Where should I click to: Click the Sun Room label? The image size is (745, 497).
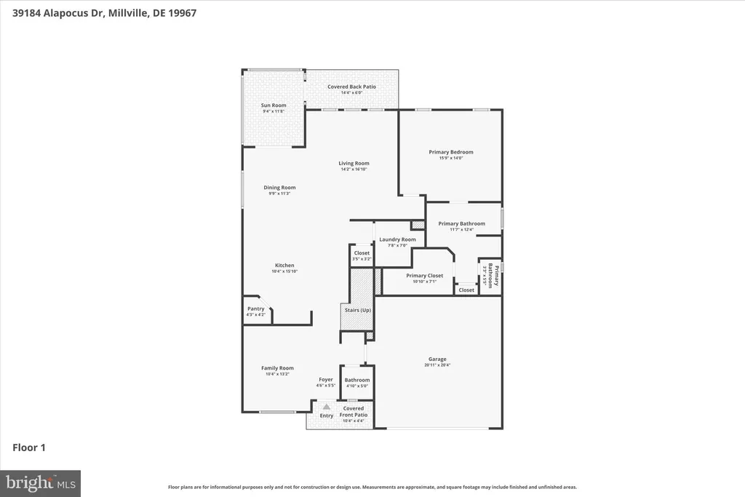274,106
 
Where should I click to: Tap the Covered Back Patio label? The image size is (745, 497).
351,87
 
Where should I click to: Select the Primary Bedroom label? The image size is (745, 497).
450,152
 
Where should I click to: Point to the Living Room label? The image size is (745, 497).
354,163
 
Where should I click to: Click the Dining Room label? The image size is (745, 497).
279,188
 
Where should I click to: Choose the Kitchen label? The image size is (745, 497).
284,266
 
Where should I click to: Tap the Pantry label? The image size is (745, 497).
256,309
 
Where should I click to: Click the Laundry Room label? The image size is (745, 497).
397,239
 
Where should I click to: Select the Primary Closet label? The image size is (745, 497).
424,276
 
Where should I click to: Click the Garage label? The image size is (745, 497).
437,359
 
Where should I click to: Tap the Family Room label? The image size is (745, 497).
277,368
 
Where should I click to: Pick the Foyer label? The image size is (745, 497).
326,379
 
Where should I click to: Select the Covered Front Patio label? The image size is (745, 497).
355,411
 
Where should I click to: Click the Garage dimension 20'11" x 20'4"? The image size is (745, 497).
437,365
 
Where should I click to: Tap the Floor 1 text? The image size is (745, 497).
29,448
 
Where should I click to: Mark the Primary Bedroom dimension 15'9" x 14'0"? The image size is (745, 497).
450,158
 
